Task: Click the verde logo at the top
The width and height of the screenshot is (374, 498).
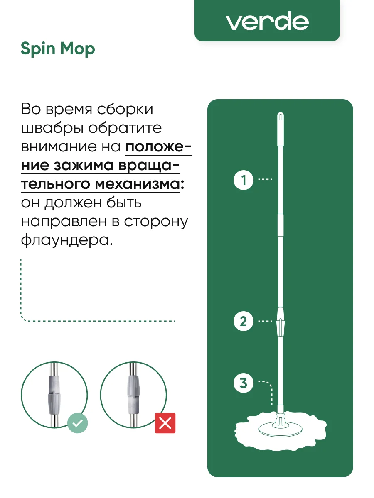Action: click(x=267, y=21)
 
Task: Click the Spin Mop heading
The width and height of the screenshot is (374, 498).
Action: click(x=58, y=49)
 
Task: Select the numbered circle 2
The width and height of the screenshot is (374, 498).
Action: click(x=244, y=321)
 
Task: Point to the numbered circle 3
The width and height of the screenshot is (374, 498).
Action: click(x=244, y=383)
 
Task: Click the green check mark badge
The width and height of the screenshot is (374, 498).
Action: click(x=77, y=423)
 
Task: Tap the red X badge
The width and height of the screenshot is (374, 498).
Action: click(x=165, y=423)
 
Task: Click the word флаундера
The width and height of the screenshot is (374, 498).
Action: click(x=67, y=240)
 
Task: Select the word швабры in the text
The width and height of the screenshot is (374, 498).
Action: click(x=52, y=128)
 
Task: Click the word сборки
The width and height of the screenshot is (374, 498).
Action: click(x=125, y=109)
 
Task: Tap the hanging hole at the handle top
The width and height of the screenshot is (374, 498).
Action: click(x=280, y=117)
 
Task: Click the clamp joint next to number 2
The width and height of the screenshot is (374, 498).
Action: click(x=280, y=322)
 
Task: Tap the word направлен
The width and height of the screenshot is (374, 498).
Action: click(x=64, y=222)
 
